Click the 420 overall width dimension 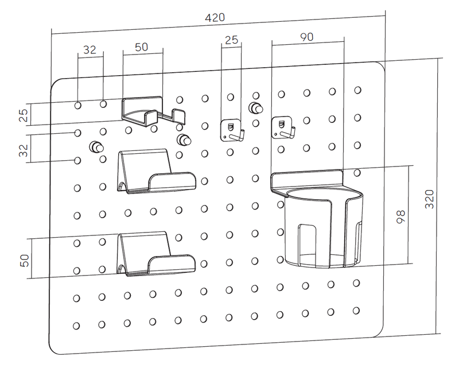pos(215,18)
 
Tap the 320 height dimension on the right pos(429,199)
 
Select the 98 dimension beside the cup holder pos(400,217)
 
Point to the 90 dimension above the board pos(306,37)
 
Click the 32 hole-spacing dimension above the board pos(90,50)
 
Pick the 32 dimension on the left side pos(24,150)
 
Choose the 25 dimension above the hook pos(231,40)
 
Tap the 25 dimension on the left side pos(24,115)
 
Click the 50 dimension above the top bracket pos(141,47)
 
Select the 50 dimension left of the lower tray pos(25,261)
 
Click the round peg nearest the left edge pos(96,147)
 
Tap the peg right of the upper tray pos(184,140)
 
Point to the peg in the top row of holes pos(256,108)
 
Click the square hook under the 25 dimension pos(231,130)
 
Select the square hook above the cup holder pos(282,127)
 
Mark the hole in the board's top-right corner pos(357,90)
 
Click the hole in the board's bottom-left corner pos(76,326)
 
